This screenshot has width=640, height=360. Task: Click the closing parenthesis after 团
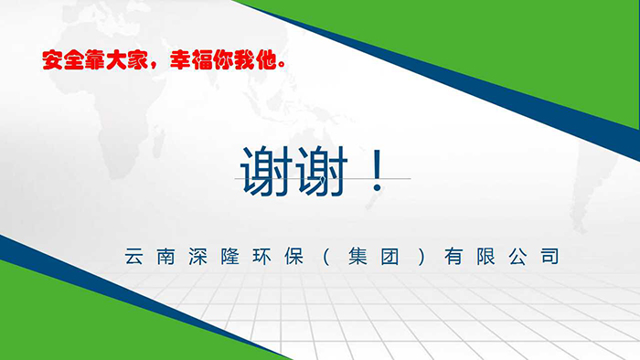coord(419,257)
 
